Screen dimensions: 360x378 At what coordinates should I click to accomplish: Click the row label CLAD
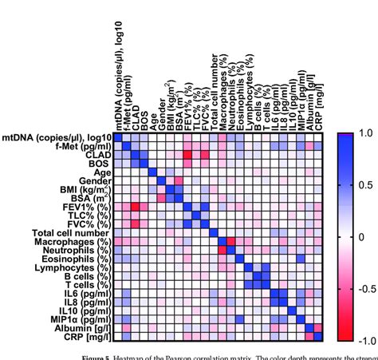95,156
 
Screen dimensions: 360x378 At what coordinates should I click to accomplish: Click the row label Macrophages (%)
74,242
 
